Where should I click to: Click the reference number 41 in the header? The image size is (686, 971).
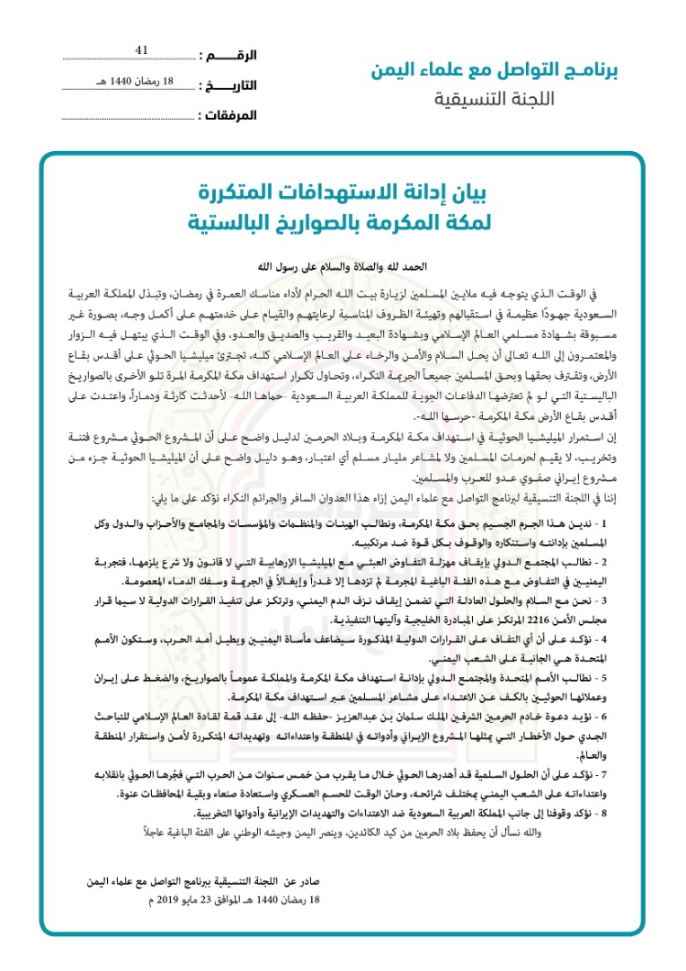pos(141,51)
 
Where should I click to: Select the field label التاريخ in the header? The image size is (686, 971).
pos(227,86)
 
